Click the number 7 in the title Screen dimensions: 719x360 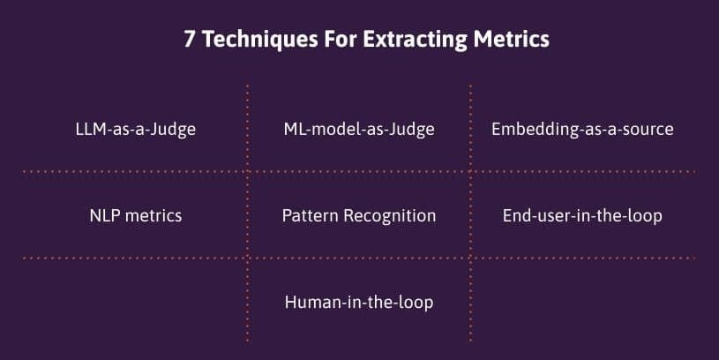(x=189, y=39)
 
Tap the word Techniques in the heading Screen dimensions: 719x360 (x=260, y=40)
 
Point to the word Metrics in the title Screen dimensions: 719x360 (x=512, y=39)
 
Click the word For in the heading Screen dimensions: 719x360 (x=341, y=39)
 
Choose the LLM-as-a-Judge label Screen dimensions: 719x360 (x=136, y=130)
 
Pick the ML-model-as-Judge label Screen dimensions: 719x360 (x=359, y=130)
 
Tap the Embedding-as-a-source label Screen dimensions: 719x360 (x=582, y=130)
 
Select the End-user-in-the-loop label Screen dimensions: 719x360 (x=582, y=215)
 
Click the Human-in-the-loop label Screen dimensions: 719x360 (x=359, y=303)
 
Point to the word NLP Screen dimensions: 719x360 (x=105, y=215)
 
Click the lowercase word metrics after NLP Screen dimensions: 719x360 (x=154, y=215)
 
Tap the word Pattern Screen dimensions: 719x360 (x=311, y=215)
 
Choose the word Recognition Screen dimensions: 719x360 (x=390, y=216)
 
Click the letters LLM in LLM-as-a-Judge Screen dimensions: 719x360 (x=90, y=129)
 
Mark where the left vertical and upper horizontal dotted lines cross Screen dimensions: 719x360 (x=248, y=172)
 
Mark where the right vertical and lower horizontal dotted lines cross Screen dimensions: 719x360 (x=470, y=259)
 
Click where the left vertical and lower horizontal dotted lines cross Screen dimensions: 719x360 (x=248, y=259)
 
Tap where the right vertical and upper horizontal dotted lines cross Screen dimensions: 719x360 (x=470, y=172)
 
